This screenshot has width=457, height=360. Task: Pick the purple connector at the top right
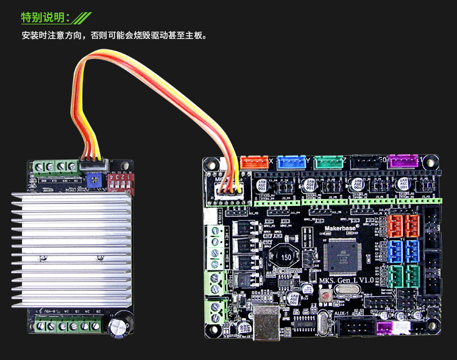coord(403,161)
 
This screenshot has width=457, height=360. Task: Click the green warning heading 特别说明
coord(46,16)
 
